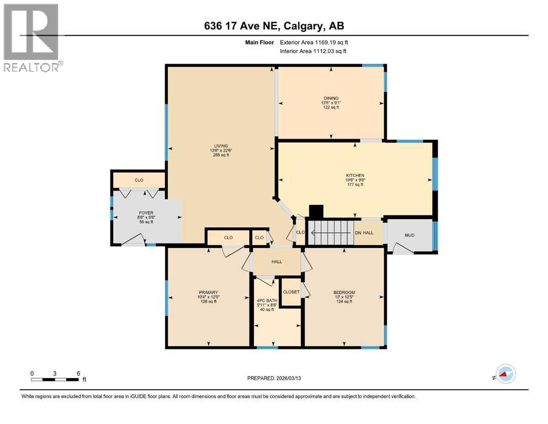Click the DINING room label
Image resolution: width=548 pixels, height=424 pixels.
click(331, 98)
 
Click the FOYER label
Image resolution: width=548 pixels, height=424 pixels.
click(146, 212)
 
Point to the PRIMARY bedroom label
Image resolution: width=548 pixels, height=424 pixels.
click(209, 293)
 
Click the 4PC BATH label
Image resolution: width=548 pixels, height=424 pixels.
click(267, 301)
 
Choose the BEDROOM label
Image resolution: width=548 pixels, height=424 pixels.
click(344, 293)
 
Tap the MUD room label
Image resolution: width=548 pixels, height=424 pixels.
click(409, 235)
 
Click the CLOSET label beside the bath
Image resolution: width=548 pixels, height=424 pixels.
click(291, 292)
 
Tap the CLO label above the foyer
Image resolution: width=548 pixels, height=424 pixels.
click(139, 180)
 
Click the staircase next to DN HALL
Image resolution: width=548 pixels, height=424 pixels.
click(330, 232)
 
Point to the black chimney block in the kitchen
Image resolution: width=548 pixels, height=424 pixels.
click(316, 213)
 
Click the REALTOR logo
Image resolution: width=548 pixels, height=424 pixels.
click(32, 38)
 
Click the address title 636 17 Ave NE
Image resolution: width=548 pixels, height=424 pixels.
click(274, 26)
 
